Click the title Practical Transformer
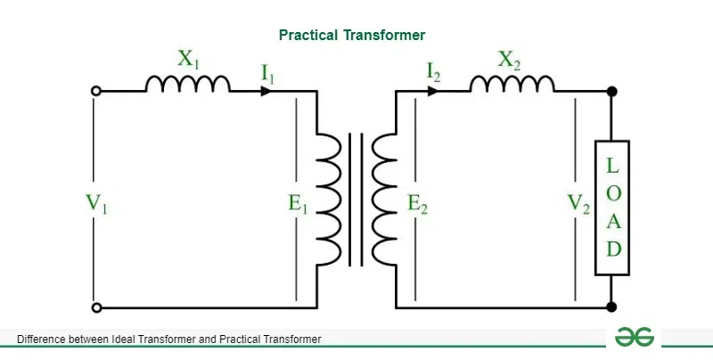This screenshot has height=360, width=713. coord(352,35)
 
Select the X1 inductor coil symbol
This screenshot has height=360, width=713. coord(187,84)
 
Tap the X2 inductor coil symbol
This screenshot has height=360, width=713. coord(512,84)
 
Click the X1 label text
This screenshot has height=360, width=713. coord(188,61)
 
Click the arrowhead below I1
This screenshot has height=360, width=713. coord(266,90)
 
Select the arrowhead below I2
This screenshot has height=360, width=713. coord(432,90)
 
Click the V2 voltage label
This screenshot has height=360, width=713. coord(578,203)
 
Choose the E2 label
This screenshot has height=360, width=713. coord(418,203)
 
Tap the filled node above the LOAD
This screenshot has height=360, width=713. coord(612,90)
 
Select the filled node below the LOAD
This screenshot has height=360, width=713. coord(612,307)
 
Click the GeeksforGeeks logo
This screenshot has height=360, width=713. coord(635,338)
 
